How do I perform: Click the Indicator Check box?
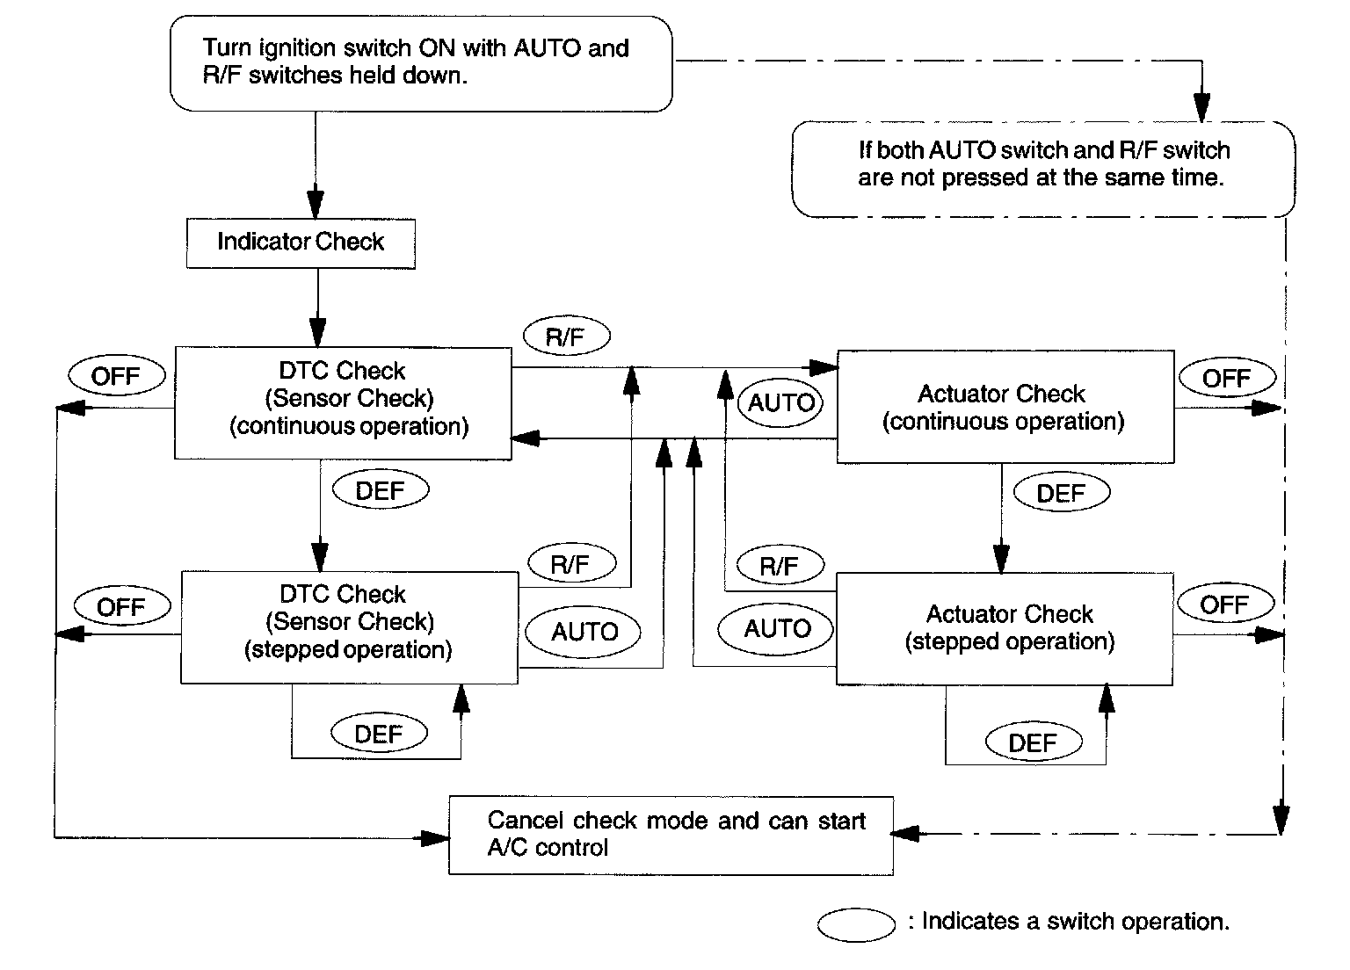pos(301,243)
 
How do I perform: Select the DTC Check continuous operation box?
pos(343,402)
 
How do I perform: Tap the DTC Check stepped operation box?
pos(349,626)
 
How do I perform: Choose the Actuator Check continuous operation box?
pos(1005,407)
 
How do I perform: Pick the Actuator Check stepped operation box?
pos(1004,628)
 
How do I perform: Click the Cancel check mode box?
pos(671,835)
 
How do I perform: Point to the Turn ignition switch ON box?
pos(420,62)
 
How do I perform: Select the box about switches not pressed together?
pos(1043,169)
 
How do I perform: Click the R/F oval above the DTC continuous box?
pos(566,337)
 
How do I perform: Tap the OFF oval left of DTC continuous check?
pos(116,377)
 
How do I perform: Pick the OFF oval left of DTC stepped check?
pos(121,607)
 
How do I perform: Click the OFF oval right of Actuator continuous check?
pos(1226,379)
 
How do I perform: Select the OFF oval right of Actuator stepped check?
pos(1224,604)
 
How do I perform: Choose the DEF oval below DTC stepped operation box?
pos(379,734)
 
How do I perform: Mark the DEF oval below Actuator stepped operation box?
pos(1033,742)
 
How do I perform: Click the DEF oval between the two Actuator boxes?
pos(1061,493)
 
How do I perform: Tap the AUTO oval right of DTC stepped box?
pos(584,632)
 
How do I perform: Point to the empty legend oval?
pos(855,924)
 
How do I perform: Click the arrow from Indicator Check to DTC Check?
pos(318,308)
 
